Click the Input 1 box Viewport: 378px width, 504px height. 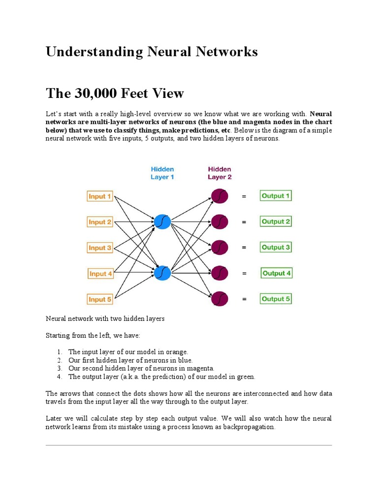pyautogui.click(x=100, y=196)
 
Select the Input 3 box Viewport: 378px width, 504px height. pyautogui.click(x=100, y=248)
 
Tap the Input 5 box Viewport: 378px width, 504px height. pyautogui.click(x=100, y=299)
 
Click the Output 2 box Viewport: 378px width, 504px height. pyautogui.click(x=276, y=221)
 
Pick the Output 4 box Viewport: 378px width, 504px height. pyautogui.click(x=277, y=273)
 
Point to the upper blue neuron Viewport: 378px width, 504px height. pyautogui.click(x=162, y=222)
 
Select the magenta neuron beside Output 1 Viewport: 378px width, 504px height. pyautogui.click(x=220, y=196)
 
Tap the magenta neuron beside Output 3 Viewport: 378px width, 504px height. pyautogui.click(x=220, y=248)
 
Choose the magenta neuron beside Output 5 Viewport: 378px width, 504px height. pyautogui.click(x=220, y=299)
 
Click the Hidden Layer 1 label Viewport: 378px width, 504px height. pyautogui.click(x=162, y=173)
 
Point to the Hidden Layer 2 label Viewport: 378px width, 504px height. pyautogui.click(x=220, y=173)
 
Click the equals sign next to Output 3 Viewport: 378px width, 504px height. pyautogui.click(x=244, y=248)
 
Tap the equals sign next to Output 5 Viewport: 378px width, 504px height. pyautogui.click(x=244, y=299)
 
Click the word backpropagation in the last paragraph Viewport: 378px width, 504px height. pyautogui.click(x=244, y=427)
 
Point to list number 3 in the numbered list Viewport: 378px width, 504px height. pyautogui.click(x=59, y=368)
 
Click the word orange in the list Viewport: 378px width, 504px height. pyautogui.click(x=177, y=352)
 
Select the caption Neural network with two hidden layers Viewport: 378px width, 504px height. pyautogui.click(x=105, y=318)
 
